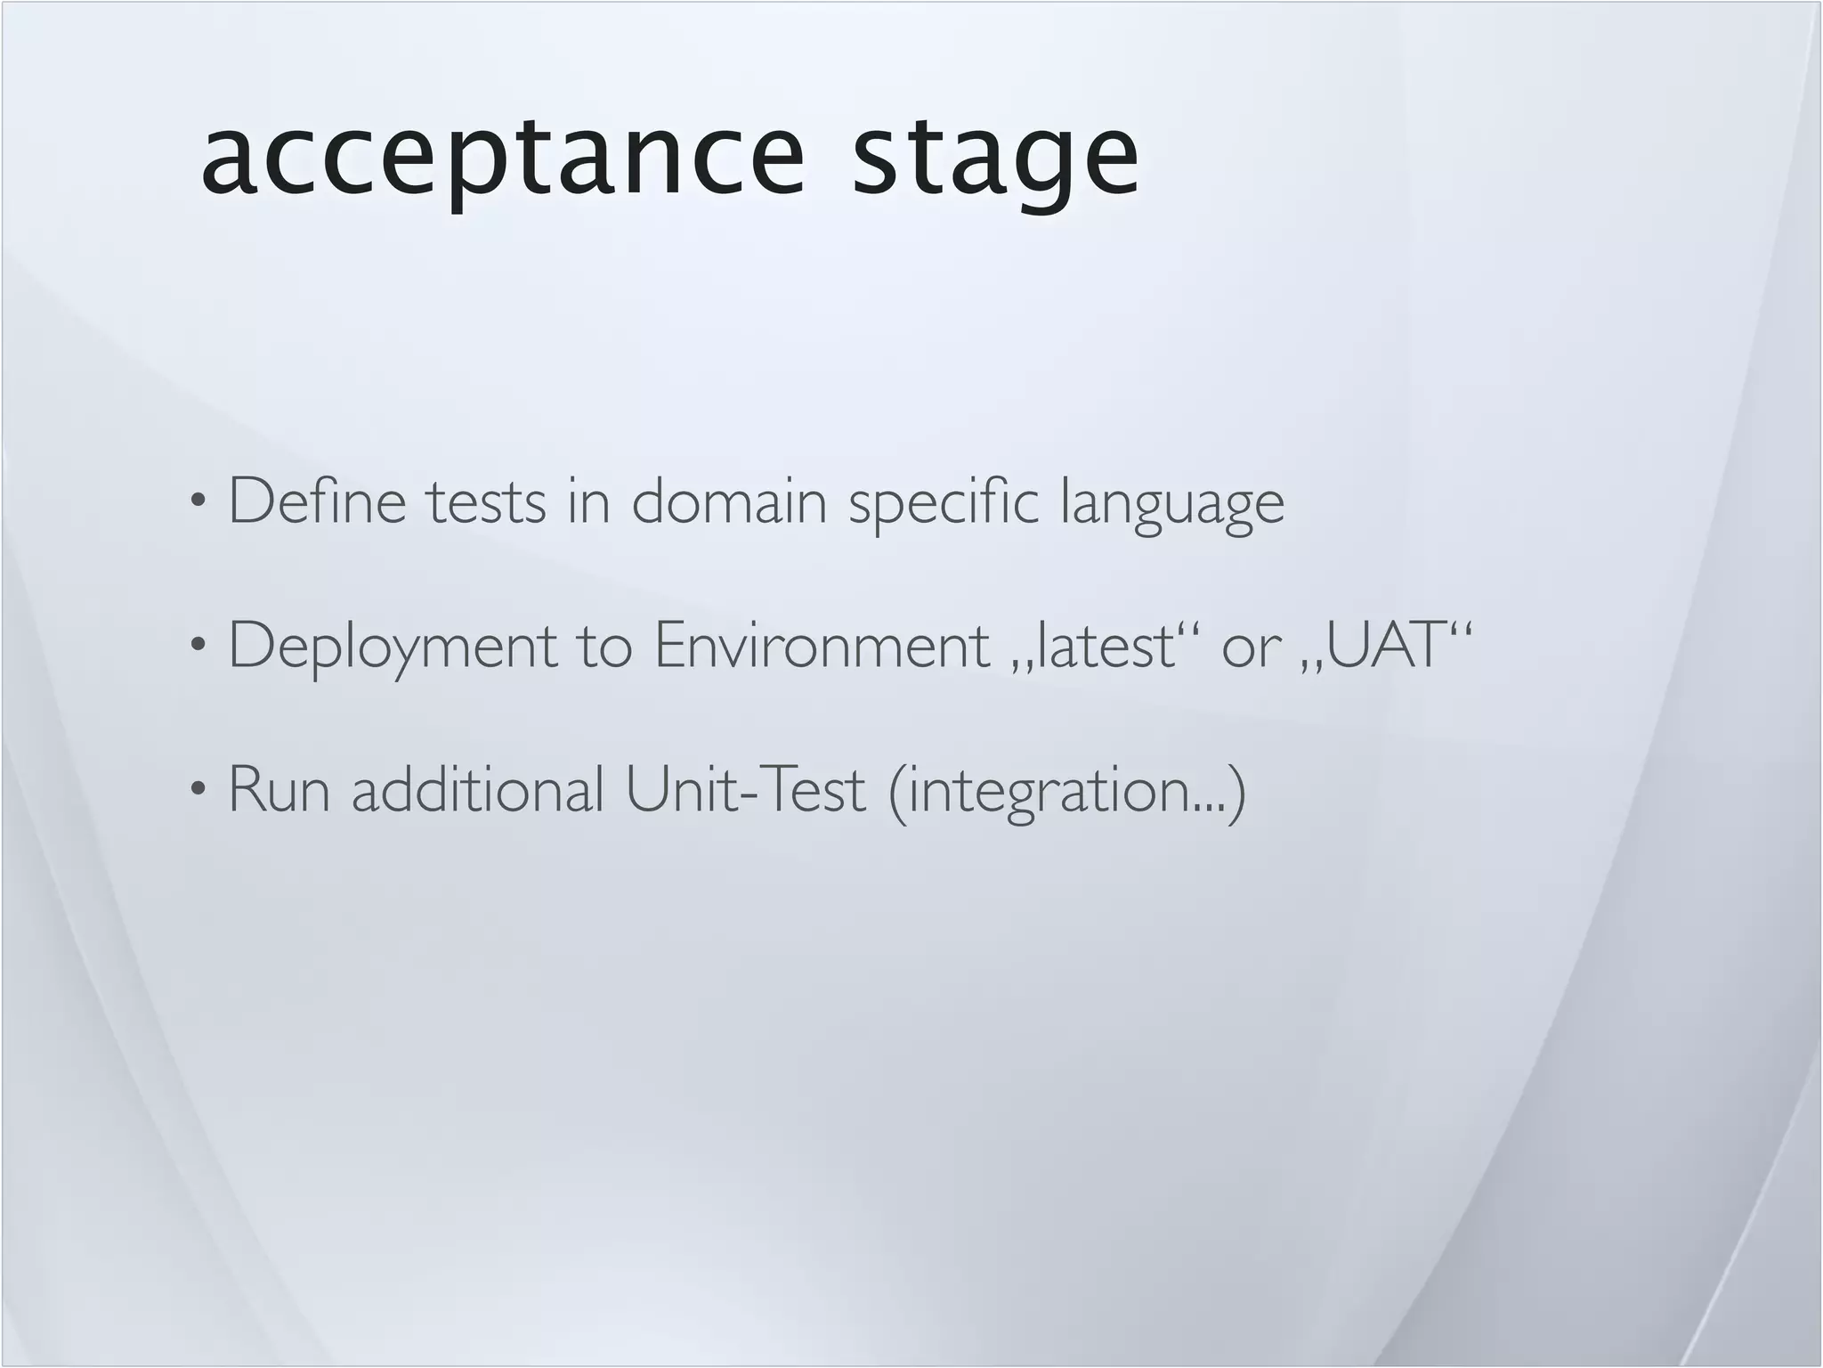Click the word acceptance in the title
pos(503,159)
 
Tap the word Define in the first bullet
pos(318,501)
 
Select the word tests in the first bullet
pos(486,501)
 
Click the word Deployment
pos(393,647)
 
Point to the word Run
pos(280,789)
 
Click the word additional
pos(478,789)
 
